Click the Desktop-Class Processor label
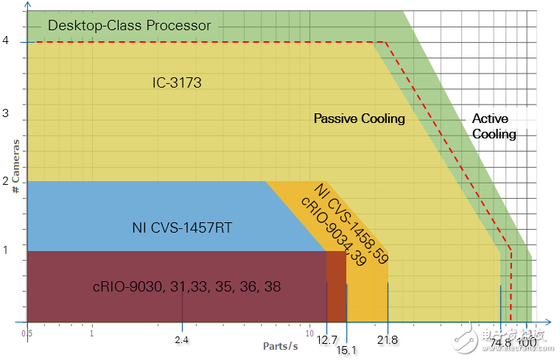point(129,26)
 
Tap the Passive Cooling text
point(359,119)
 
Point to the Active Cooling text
point(494,126)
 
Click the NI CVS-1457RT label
point(182,228)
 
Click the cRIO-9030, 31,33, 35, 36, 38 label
point(186,287)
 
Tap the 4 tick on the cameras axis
point(6,42)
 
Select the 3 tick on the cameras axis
point(6,113)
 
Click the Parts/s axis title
point(281,345)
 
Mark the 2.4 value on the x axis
point(183,339)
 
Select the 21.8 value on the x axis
point(388,339)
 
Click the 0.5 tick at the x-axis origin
point(27,332)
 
